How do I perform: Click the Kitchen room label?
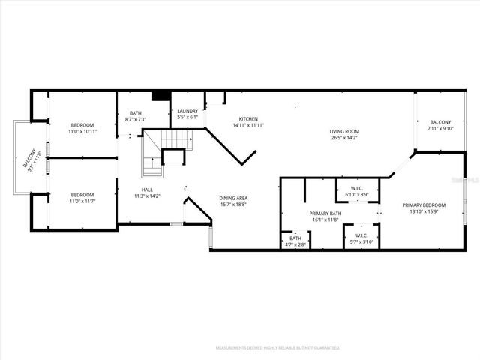[x=248, y=119]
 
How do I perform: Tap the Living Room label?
[x=344, y=131]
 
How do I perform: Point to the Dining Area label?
[x=233, y=198]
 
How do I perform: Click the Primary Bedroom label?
[x=424, y=205]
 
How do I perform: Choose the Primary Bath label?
[x=325, y=214]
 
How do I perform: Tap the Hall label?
[x=148, y=190]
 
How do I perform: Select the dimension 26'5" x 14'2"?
[x=344, y=138]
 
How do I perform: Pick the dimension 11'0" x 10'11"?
[x=82, y=131]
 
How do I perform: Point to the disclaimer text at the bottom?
[x=277, y=348]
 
